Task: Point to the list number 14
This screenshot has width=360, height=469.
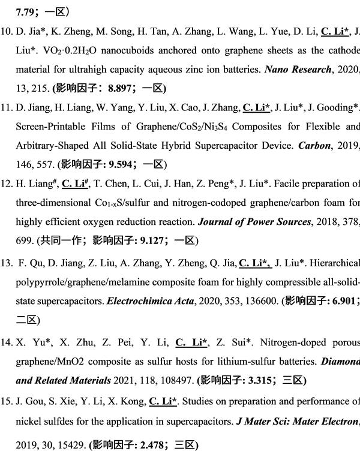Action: (x=8, y=342)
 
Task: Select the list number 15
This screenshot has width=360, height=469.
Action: (x=8, y=401)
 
